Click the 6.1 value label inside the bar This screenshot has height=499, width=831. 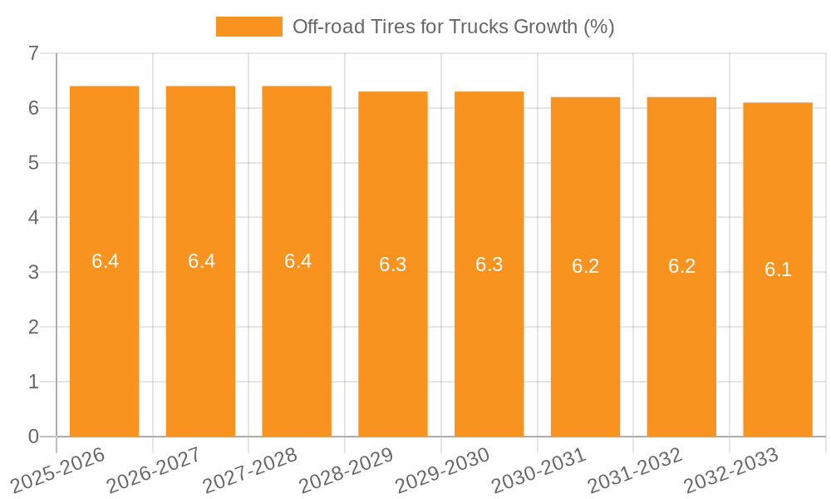(x=778, y=269)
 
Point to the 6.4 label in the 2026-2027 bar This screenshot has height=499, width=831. (x=201, y=261)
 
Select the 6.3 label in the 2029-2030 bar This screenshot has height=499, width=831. (x=489, y=264)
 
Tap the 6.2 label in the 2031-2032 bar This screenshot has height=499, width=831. (x=681, y=266)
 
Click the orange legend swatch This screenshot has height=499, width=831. (x=248, y=27)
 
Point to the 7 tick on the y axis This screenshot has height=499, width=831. (x=33, y=53)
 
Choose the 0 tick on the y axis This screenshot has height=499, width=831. (x=33, y=436)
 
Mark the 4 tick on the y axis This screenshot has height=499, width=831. (x=33, y=217)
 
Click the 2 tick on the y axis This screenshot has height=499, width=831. (x=33, y=327)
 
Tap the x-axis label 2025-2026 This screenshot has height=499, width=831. (x=58, y=467)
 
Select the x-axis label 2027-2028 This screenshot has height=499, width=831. (x=251, y=467)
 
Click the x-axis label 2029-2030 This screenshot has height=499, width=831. (x=443, y=467)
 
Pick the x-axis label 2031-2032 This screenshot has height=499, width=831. (x=636, y=467)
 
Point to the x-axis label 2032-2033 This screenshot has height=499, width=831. (x=731, y=467)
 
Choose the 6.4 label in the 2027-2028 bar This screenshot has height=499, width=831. (x=297, y=261)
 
